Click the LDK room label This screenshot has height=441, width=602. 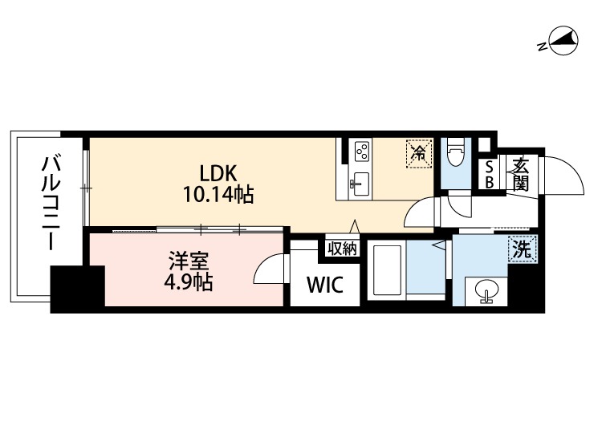click(218, 173)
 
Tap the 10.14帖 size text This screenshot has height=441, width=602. click(218, 194)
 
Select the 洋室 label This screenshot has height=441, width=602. click(189, 261)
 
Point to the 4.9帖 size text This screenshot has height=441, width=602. click(188, 282)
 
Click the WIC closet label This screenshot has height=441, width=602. click(324, 285)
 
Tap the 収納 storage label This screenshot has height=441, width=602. click(342, 249)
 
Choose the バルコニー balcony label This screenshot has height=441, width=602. click(51, 203)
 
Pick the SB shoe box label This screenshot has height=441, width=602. click(489, 175)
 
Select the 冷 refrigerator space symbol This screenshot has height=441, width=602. click(419, 154)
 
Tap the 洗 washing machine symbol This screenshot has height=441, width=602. click(523, 250)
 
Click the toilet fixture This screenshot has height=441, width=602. click(456, 152)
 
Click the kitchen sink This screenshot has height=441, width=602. click(360, 184)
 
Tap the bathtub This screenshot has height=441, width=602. click(387, 270)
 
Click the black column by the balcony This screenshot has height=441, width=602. click(78, 289)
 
